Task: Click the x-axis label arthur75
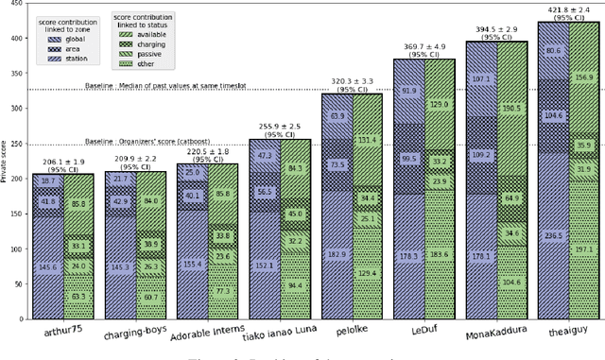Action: pos(61,329)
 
